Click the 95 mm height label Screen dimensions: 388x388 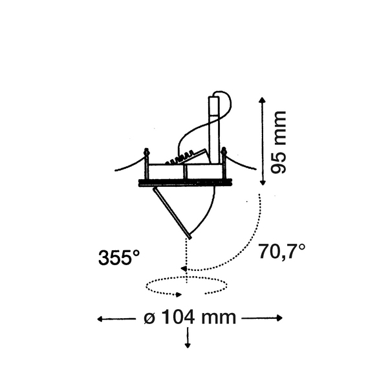tap(279, 142)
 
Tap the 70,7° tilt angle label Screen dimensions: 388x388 tap(281, 251)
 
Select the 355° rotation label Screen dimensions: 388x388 tap(119, 257)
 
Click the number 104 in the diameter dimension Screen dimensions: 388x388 tap(177, 318)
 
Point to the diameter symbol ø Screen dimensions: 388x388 tap(149, 318)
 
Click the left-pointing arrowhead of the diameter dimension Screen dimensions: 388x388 tap(100, 319)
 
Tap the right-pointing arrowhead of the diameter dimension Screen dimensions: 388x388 tap(279, 318)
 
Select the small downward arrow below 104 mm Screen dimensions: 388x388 tap(188, 338)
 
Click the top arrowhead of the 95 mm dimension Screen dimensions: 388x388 tap(263, 100)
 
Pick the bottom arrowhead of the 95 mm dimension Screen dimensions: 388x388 tap(263, 182)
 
